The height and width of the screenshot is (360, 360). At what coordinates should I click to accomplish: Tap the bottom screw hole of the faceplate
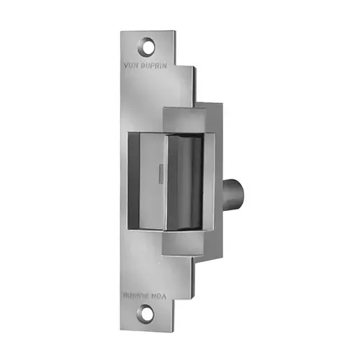tap(148, 315)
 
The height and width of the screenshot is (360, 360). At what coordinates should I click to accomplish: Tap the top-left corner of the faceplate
tap(122, 32)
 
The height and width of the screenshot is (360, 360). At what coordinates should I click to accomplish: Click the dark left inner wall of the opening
tap(134, 180)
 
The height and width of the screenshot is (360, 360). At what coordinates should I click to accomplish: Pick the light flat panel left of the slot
tap(147, 180)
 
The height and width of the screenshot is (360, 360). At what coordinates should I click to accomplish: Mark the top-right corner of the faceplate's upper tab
tap(175, 31)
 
